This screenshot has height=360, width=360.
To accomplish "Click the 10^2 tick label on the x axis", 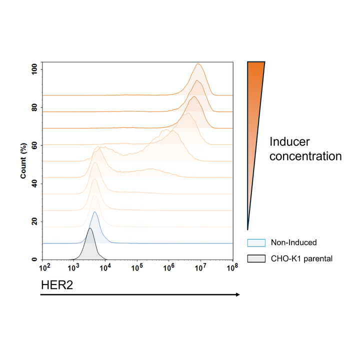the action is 44,267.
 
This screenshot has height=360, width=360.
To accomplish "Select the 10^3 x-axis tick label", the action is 73,267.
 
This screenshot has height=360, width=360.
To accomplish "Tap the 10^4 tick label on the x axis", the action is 105,267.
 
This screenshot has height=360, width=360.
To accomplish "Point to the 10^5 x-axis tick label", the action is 137,267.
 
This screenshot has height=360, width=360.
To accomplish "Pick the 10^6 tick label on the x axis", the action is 169,267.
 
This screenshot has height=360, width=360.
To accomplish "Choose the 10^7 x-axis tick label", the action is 200,267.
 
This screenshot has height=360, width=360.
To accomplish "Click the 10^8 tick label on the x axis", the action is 232,267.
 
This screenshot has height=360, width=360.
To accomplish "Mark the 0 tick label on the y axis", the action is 34,259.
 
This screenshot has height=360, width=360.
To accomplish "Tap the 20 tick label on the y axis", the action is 34,221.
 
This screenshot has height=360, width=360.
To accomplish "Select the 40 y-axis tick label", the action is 34,183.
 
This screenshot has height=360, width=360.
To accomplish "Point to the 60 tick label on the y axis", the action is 34,145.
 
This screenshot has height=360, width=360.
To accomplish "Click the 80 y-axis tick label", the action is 34,107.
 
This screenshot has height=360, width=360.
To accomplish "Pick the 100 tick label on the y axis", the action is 34,69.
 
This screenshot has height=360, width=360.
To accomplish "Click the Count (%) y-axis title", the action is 23,160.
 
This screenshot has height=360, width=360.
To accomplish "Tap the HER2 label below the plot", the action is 57,285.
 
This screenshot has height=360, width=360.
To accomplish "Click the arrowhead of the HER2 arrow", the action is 238,294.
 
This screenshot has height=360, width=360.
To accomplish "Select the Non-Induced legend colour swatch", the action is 256,242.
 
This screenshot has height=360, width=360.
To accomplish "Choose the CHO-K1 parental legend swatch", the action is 256,258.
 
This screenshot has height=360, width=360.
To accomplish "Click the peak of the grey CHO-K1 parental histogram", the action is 90,228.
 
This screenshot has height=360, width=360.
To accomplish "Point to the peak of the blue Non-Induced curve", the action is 95,212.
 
